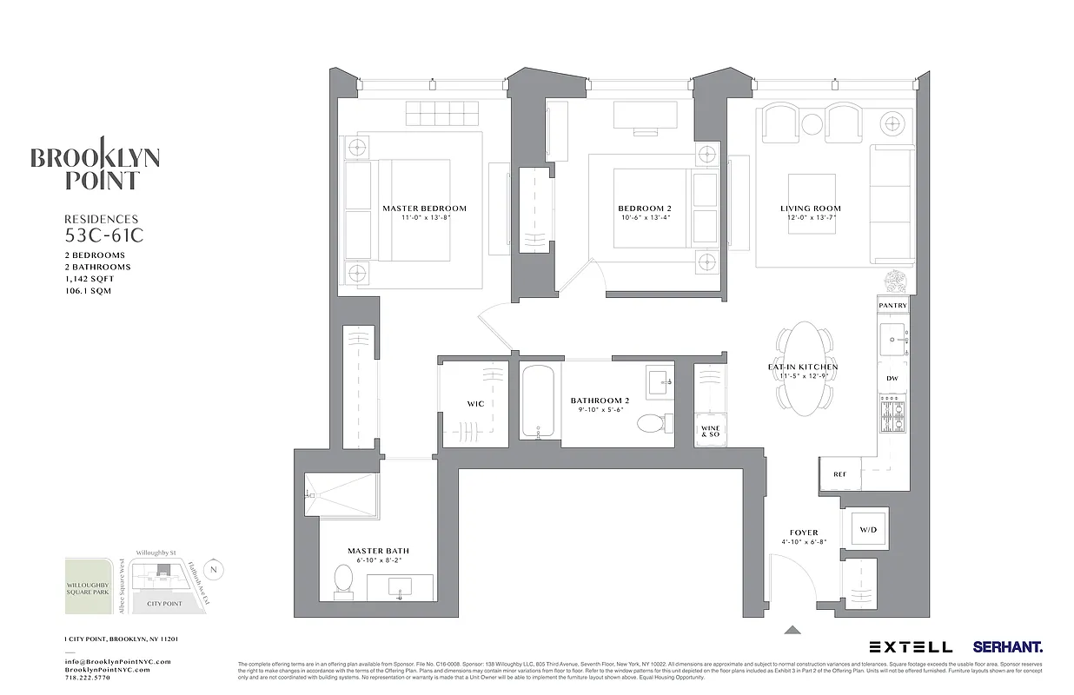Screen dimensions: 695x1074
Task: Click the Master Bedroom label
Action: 424,208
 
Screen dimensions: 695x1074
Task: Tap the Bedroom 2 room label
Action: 645,208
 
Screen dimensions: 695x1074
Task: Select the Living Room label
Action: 810,208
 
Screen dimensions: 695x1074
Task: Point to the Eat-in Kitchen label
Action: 803,367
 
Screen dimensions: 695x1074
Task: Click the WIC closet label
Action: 475,404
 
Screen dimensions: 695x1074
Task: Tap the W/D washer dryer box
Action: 868,529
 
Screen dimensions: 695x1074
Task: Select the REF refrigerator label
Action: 839,474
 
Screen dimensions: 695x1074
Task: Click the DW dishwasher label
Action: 892,379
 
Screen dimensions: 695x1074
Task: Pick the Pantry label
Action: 892,306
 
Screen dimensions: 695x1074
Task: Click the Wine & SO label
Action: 710,432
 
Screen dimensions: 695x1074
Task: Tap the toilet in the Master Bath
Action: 343,578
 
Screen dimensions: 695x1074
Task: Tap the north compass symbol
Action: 215,570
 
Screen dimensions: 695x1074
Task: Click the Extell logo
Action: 911,647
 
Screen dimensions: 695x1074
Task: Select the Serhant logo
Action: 1007,647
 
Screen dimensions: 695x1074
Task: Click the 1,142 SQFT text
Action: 89,279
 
